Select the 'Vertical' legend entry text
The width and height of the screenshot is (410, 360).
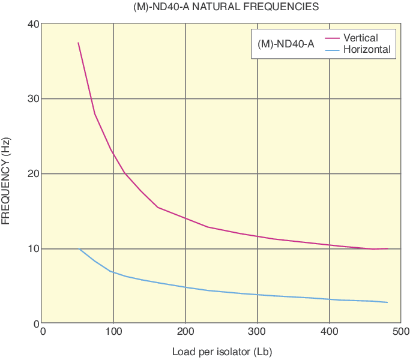pyautogui.click(x=360, y=38)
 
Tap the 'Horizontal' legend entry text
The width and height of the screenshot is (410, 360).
pyautogui.click(x=367, y=49)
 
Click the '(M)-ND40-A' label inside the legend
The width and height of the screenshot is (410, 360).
pyautogui.click(x=285, y=44)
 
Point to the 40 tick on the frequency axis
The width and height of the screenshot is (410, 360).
pyautogui.click(x=32, y=24)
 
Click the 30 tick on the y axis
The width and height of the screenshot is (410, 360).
pyautogui.click(x=32, y=99)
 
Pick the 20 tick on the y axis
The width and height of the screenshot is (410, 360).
pyautogui.click(x=32, y=174)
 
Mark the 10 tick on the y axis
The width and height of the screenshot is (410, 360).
pyautogui.click(x=32, y=249)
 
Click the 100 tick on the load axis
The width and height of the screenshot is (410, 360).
pyautogui.click(x=113, y=331)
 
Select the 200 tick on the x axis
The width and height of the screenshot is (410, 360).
pyautogui.click(x=185, y=331)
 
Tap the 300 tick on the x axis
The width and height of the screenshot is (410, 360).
pyautogui.click(x=258, y=331)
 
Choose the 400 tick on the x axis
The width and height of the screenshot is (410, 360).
pyautogui.click(x=330, y=331)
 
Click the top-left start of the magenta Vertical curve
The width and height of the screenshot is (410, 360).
pyautogui.click(x=78, y=43)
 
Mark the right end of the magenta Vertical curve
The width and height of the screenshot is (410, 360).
pyautogui.click(x=388, y=248)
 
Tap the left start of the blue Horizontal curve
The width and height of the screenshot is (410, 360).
pyautogui.click(x=78, y=248)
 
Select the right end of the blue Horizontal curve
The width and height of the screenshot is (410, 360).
pyautogui.click(x=387, y=302)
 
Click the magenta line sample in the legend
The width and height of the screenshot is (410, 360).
pyautogui.click(x=333, y=38)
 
